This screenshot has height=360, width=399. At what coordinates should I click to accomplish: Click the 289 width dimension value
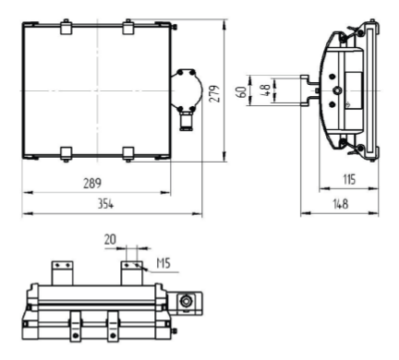[x=92, y=184]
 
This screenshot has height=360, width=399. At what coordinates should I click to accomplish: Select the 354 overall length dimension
[x=105, y=204]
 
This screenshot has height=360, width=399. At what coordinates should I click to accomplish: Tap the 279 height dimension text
[x=214, y=93]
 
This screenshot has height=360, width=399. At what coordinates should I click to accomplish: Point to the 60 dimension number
[x=242, y=92]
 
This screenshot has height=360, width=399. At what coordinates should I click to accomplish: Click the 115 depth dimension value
[x=349, y=179]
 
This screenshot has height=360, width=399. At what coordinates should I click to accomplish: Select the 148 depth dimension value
[x=341, y=204]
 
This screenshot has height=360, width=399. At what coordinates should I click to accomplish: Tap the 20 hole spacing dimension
[x=110, y=239]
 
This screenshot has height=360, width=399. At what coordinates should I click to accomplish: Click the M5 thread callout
[x=163, y=263]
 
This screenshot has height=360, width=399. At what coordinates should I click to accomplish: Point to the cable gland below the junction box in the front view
[x=187, y=122]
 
